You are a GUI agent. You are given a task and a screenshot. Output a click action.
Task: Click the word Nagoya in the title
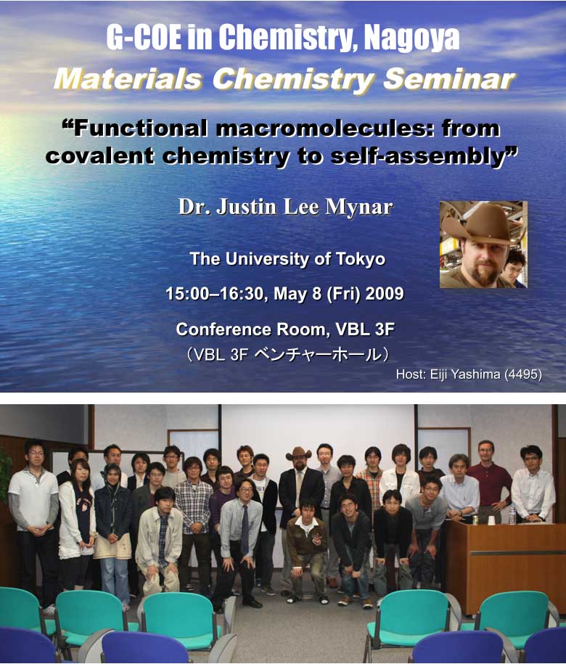tap(411, 38)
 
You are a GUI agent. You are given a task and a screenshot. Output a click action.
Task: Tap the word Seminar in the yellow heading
tap(448, 80)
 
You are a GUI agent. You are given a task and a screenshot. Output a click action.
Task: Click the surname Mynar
tap(359, 207)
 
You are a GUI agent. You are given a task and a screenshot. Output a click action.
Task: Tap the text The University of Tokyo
tap(287, 259)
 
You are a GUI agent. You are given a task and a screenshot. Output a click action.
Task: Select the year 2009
tap(385, 293)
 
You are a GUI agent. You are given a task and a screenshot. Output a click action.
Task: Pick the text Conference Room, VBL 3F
tap(285, 329)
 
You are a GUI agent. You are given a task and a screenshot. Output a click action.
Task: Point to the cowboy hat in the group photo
tap(298, 454)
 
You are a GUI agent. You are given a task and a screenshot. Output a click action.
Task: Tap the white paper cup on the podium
tap(491, 520)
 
